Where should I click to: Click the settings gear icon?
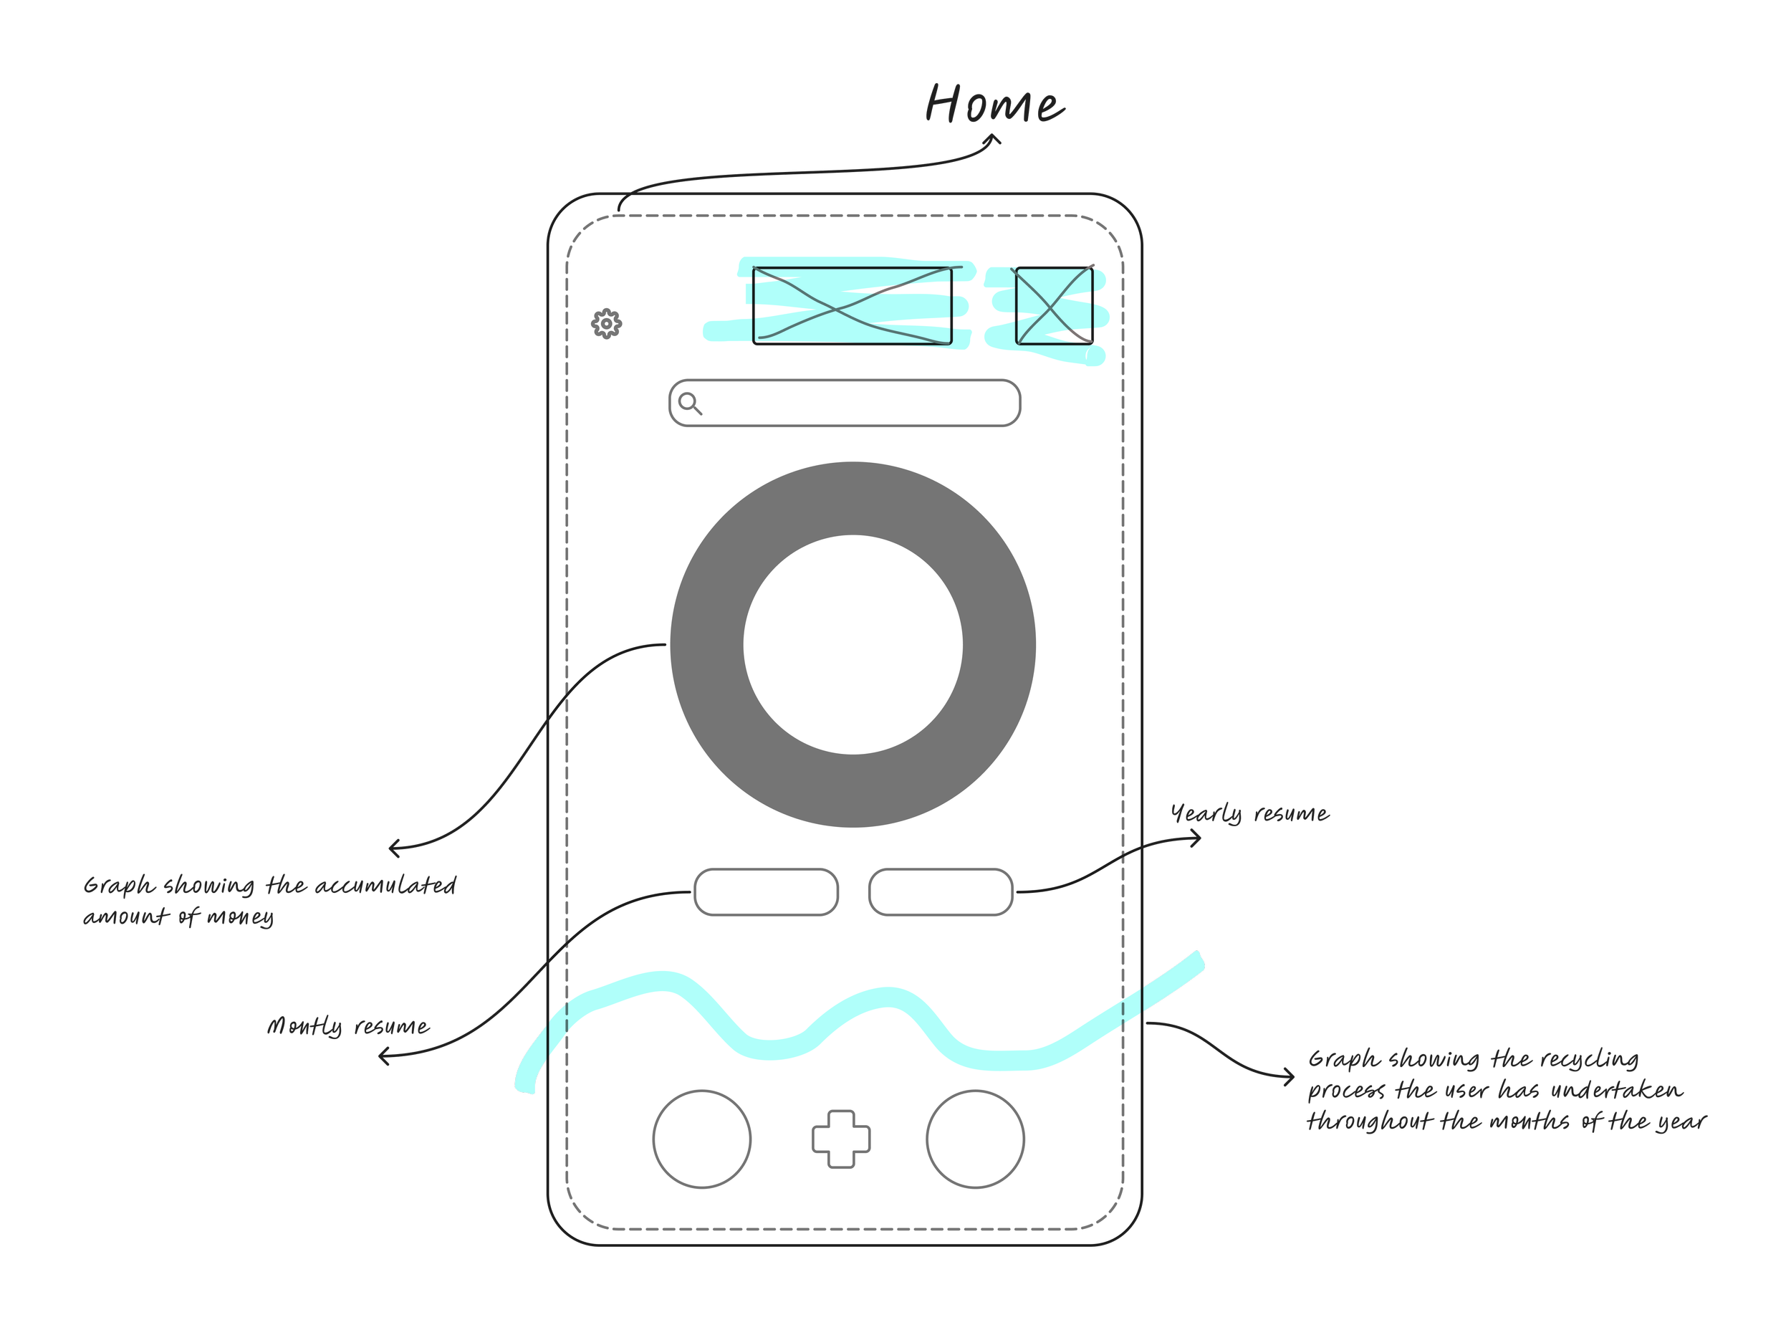[606, 324]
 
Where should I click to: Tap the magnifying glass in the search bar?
[689, 403]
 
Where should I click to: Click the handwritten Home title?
[994, 105]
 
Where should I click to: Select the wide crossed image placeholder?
[852, 306]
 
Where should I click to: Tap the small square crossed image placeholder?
[1054, 306]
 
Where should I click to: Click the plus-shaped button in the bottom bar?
[840, 1139]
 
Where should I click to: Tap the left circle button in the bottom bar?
[702, 1139]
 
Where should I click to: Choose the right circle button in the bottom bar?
[975, 1139]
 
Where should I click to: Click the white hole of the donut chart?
[853, 644]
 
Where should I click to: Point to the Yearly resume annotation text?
[1249, 814]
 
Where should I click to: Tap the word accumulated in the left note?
[385, 886]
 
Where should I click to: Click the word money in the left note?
[240, 917]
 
